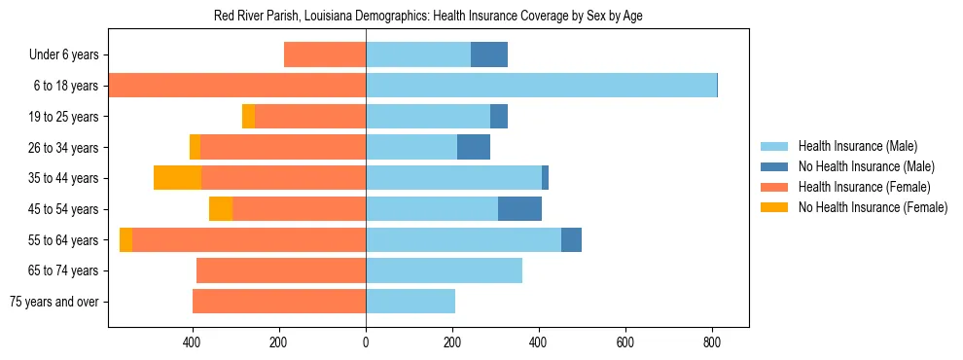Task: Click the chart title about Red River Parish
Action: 428,17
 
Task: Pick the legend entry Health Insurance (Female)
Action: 856,187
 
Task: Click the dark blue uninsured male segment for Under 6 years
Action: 489,55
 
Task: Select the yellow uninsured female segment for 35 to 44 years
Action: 177,178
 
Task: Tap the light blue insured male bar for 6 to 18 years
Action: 541,86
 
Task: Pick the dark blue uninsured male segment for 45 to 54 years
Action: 519,209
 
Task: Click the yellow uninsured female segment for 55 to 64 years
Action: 125,240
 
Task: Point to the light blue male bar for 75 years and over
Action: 410,302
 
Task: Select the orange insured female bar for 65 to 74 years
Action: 281,270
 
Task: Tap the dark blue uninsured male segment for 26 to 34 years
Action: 474,148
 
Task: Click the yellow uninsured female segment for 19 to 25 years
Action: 248,117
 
